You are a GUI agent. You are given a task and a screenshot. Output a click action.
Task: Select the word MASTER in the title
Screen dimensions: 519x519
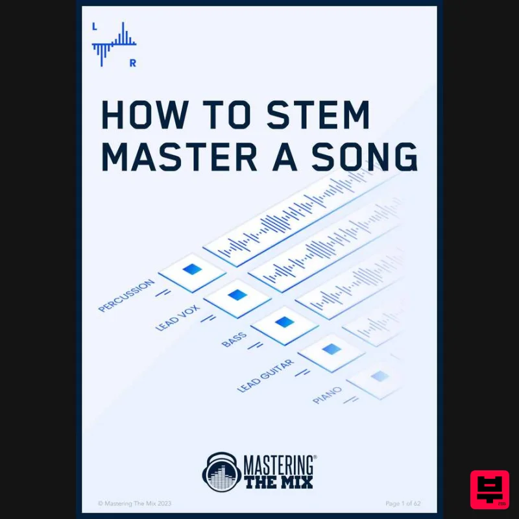(173, 156)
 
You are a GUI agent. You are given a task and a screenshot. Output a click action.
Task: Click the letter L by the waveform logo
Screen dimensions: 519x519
(95, 27)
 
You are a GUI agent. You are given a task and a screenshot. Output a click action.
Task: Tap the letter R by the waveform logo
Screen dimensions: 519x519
(132, 63)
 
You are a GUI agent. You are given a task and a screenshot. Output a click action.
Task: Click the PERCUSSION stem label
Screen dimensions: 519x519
(127, 296)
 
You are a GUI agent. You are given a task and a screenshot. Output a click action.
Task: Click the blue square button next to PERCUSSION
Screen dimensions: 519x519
(192, 269)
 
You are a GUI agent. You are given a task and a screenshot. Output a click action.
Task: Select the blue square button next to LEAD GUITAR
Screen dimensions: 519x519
(331, 349)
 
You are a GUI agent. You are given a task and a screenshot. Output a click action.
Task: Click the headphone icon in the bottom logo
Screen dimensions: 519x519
(221, 471)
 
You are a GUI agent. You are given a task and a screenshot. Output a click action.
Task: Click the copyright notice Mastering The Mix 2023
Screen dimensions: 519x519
(134, 503)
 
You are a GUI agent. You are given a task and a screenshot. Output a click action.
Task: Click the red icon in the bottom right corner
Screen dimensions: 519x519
(489, 489)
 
